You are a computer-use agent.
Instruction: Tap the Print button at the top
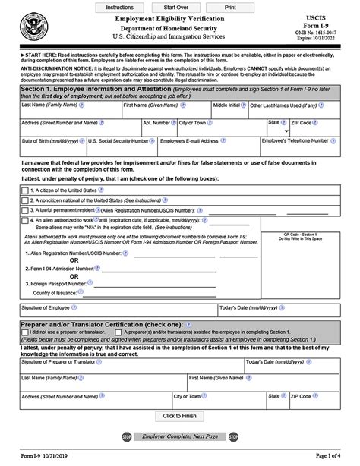[x=229, y=6]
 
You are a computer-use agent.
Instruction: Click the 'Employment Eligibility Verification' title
[x=175, y=17]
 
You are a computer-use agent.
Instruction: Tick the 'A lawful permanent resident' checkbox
[x=25, y=209]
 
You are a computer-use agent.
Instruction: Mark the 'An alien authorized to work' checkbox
[x=25, y=220]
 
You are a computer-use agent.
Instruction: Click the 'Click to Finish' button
[x=179, y=416]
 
